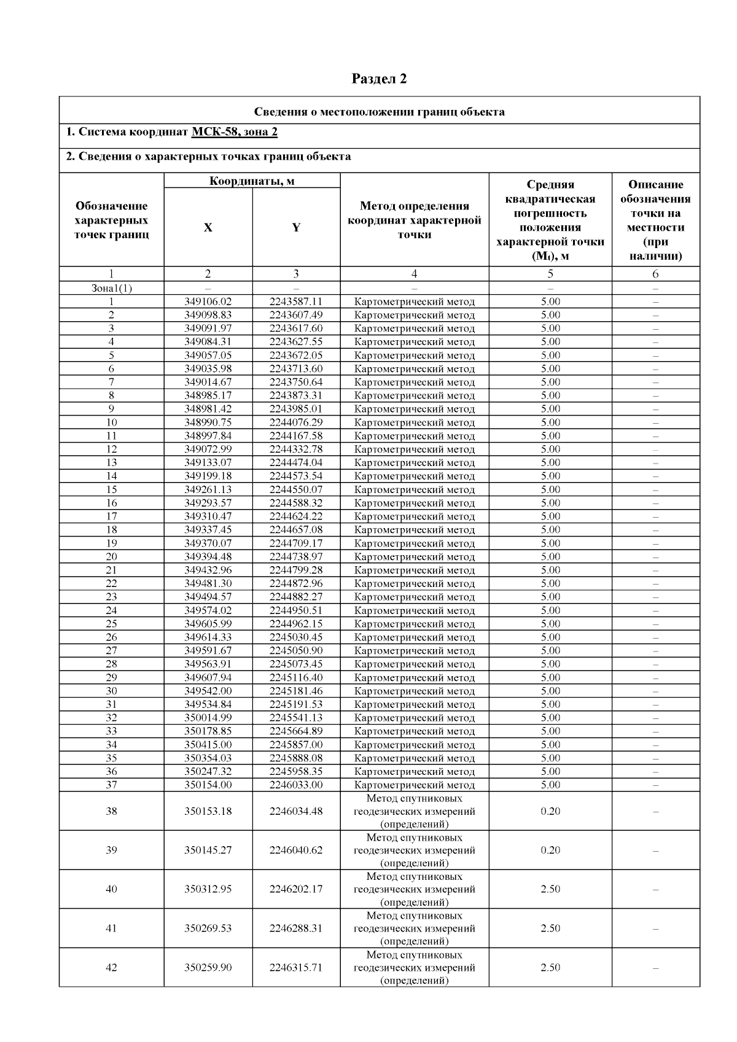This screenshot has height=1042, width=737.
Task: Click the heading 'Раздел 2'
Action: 379,79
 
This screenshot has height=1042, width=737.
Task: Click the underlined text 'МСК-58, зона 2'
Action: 235,132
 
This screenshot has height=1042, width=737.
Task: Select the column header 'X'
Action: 208,227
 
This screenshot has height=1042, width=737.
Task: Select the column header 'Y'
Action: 296,227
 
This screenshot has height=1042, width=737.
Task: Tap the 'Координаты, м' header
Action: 252,181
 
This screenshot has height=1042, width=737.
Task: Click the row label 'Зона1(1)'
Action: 111,288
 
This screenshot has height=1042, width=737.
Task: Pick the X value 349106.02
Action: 208,301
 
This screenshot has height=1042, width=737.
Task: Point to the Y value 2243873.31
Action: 296,395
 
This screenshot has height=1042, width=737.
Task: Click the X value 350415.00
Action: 208,744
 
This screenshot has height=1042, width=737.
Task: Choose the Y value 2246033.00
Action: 296,785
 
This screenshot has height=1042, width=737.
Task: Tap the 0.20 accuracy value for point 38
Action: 550,811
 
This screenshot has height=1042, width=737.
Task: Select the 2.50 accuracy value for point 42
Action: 550,967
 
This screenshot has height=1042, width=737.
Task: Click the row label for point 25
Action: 111,624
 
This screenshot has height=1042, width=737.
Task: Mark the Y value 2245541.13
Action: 296,718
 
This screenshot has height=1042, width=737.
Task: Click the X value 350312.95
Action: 208,889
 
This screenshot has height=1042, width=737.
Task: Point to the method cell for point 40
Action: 415,889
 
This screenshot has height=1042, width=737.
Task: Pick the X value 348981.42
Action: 208,409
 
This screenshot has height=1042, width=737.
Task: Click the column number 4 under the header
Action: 415,274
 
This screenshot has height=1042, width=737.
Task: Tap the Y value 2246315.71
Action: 296,967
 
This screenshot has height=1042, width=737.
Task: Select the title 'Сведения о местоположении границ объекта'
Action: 380,112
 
